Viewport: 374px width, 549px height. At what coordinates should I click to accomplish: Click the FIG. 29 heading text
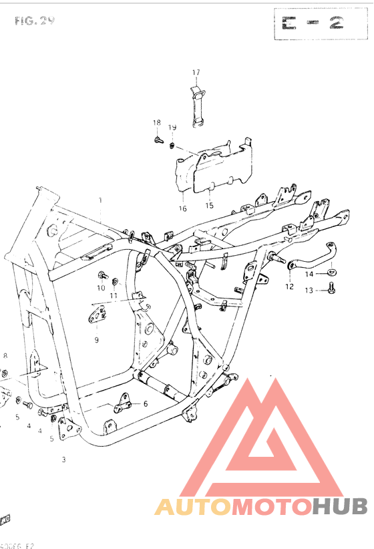pyautogui.click(x=34, y=21)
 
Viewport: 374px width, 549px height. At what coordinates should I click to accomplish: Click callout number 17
pyautogui.click(x=196, y=72)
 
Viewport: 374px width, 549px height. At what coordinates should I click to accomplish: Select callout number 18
pyautogui.click(x=157, y=122)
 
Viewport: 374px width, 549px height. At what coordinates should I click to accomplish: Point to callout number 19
pyautogui.click(x=172, y=128)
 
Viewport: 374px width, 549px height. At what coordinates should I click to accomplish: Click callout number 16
pyautogui.click(x=182, y=208)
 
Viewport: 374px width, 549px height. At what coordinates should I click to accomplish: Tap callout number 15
pyautogui.click(x=210, y=206)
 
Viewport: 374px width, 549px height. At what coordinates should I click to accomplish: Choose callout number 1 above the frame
pyautogui.click(x=100, y=200)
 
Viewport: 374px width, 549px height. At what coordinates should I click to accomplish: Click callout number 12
pyautogui.click(x=289, y=287)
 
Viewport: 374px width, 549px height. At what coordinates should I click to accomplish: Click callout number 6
pyautogui.click(x=145, y=404)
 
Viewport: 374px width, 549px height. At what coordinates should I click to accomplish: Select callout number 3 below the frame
pyautogui.click(x=63, y=459)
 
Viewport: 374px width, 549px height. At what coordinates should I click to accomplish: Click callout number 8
pyautogui.click(x=5, y=355)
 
